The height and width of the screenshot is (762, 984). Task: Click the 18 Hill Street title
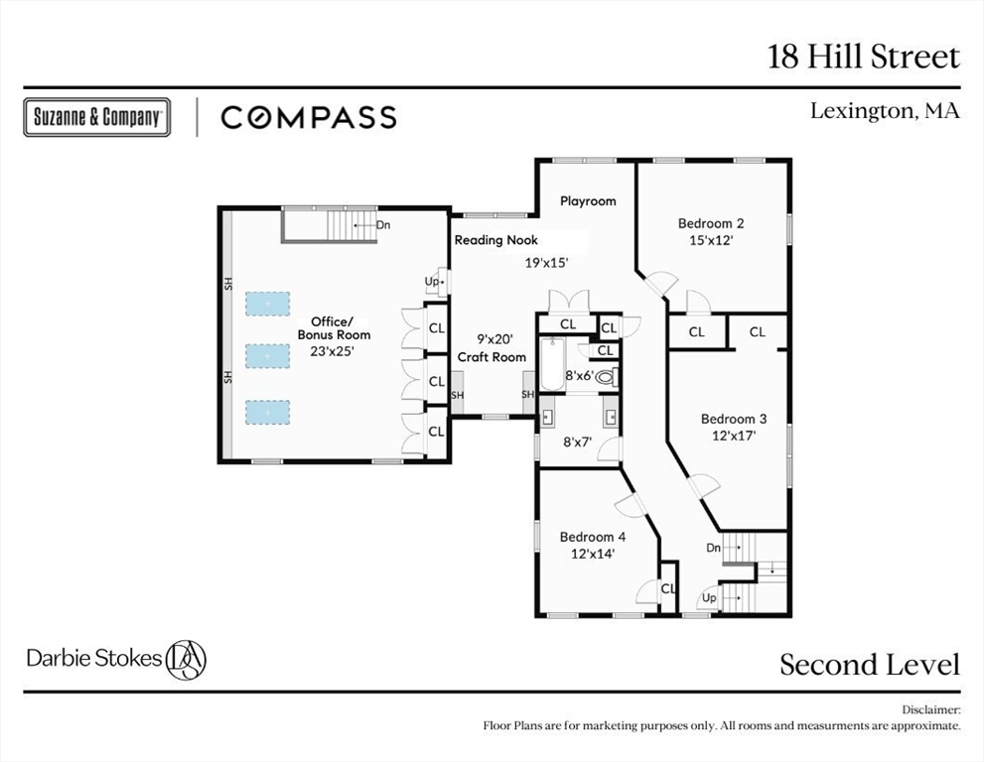(x=864, y=57)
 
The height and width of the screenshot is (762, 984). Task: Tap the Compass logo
(x=308, y=117)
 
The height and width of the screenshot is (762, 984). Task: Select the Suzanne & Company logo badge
(x=96, y=117)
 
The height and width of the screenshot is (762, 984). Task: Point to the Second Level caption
(x=870, y=664)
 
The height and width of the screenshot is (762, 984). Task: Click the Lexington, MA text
(x=885, y=111)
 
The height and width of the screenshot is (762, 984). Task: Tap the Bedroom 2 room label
(x=711, y=223)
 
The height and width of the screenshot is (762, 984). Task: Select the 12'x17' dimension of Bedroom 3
(x=734, y=435)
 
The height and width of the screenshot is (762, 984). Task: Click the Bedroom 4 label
(x=593, y=537)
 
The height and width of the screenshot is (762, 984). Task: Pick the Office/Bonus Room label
(x=334, y=328)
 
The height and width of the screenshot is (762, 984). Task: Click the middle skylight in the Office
(x=267, y=355)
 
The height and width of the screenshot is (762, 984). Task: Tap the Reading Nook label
(x=495, y=240)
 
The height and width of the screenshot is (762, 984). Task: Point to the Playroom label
(x=588, y=200)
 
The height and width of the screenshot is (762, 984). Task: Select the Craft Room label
(x=492, y=357)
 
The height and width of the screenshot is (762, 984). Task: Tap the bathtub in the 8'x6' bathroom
(x=551, y=364)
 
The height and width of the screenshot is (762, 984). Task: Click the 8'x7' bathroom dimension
(x=578, y=443)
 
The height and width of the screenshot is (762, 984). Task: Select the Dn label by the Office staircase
(x=383, y=225)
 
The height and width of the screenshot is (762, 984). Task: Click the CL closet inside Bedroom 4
(x=668, y=588)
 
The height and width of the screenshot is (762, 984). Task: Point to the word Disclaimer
(x=930, y=710)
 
